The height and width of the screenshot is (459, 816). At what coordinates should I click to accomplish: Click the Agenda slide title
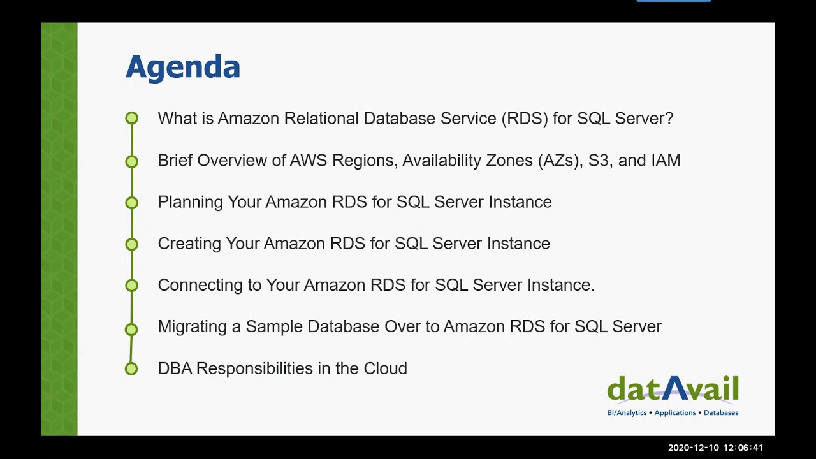coord(182,67)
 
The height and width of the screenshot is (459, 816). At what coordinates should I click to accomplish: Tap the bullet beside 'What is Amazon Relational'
coord(131,118)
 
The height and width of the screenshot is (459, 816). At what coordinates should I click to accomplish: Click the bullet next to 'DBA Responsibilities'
coord(131,368)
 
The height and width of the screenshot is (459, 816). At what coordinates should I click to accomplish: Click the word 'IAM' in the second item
coord(666,160)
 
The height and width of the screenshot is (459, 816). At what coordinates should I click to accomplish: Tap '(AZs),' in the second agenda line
coord(560,161)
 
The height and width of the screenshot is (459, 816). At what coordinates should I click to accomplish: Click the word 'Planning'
coord(190,202)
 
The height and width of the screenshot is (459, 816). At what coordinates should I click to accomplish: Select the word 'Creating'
coord(188,244)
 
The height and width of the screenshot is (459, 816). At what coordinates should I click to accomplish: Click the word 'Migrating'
coord(192,326)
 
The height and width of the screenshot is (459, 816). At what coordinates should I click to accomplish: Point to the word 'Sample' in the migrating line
coord(274,326)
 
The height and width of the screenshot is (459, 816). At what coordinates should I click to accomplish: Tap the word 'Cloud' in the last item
coord(385,368)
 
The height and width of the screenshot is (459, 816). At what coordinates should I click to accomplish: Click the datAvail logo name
coord(673,390)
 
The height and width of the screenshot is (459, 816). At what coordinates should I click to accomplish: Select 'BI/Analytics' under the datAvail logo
coord(627,413)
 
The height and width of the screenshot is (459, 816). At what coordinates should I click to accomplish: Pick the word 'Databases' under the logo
coord(721,413)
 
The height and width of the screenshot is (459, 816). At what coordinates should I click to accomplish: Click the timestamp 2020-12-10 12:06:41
coord(715,448)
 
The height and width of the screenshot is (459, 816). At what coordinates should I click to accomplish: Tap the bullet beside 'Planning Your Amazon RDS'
coord(131,202)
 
